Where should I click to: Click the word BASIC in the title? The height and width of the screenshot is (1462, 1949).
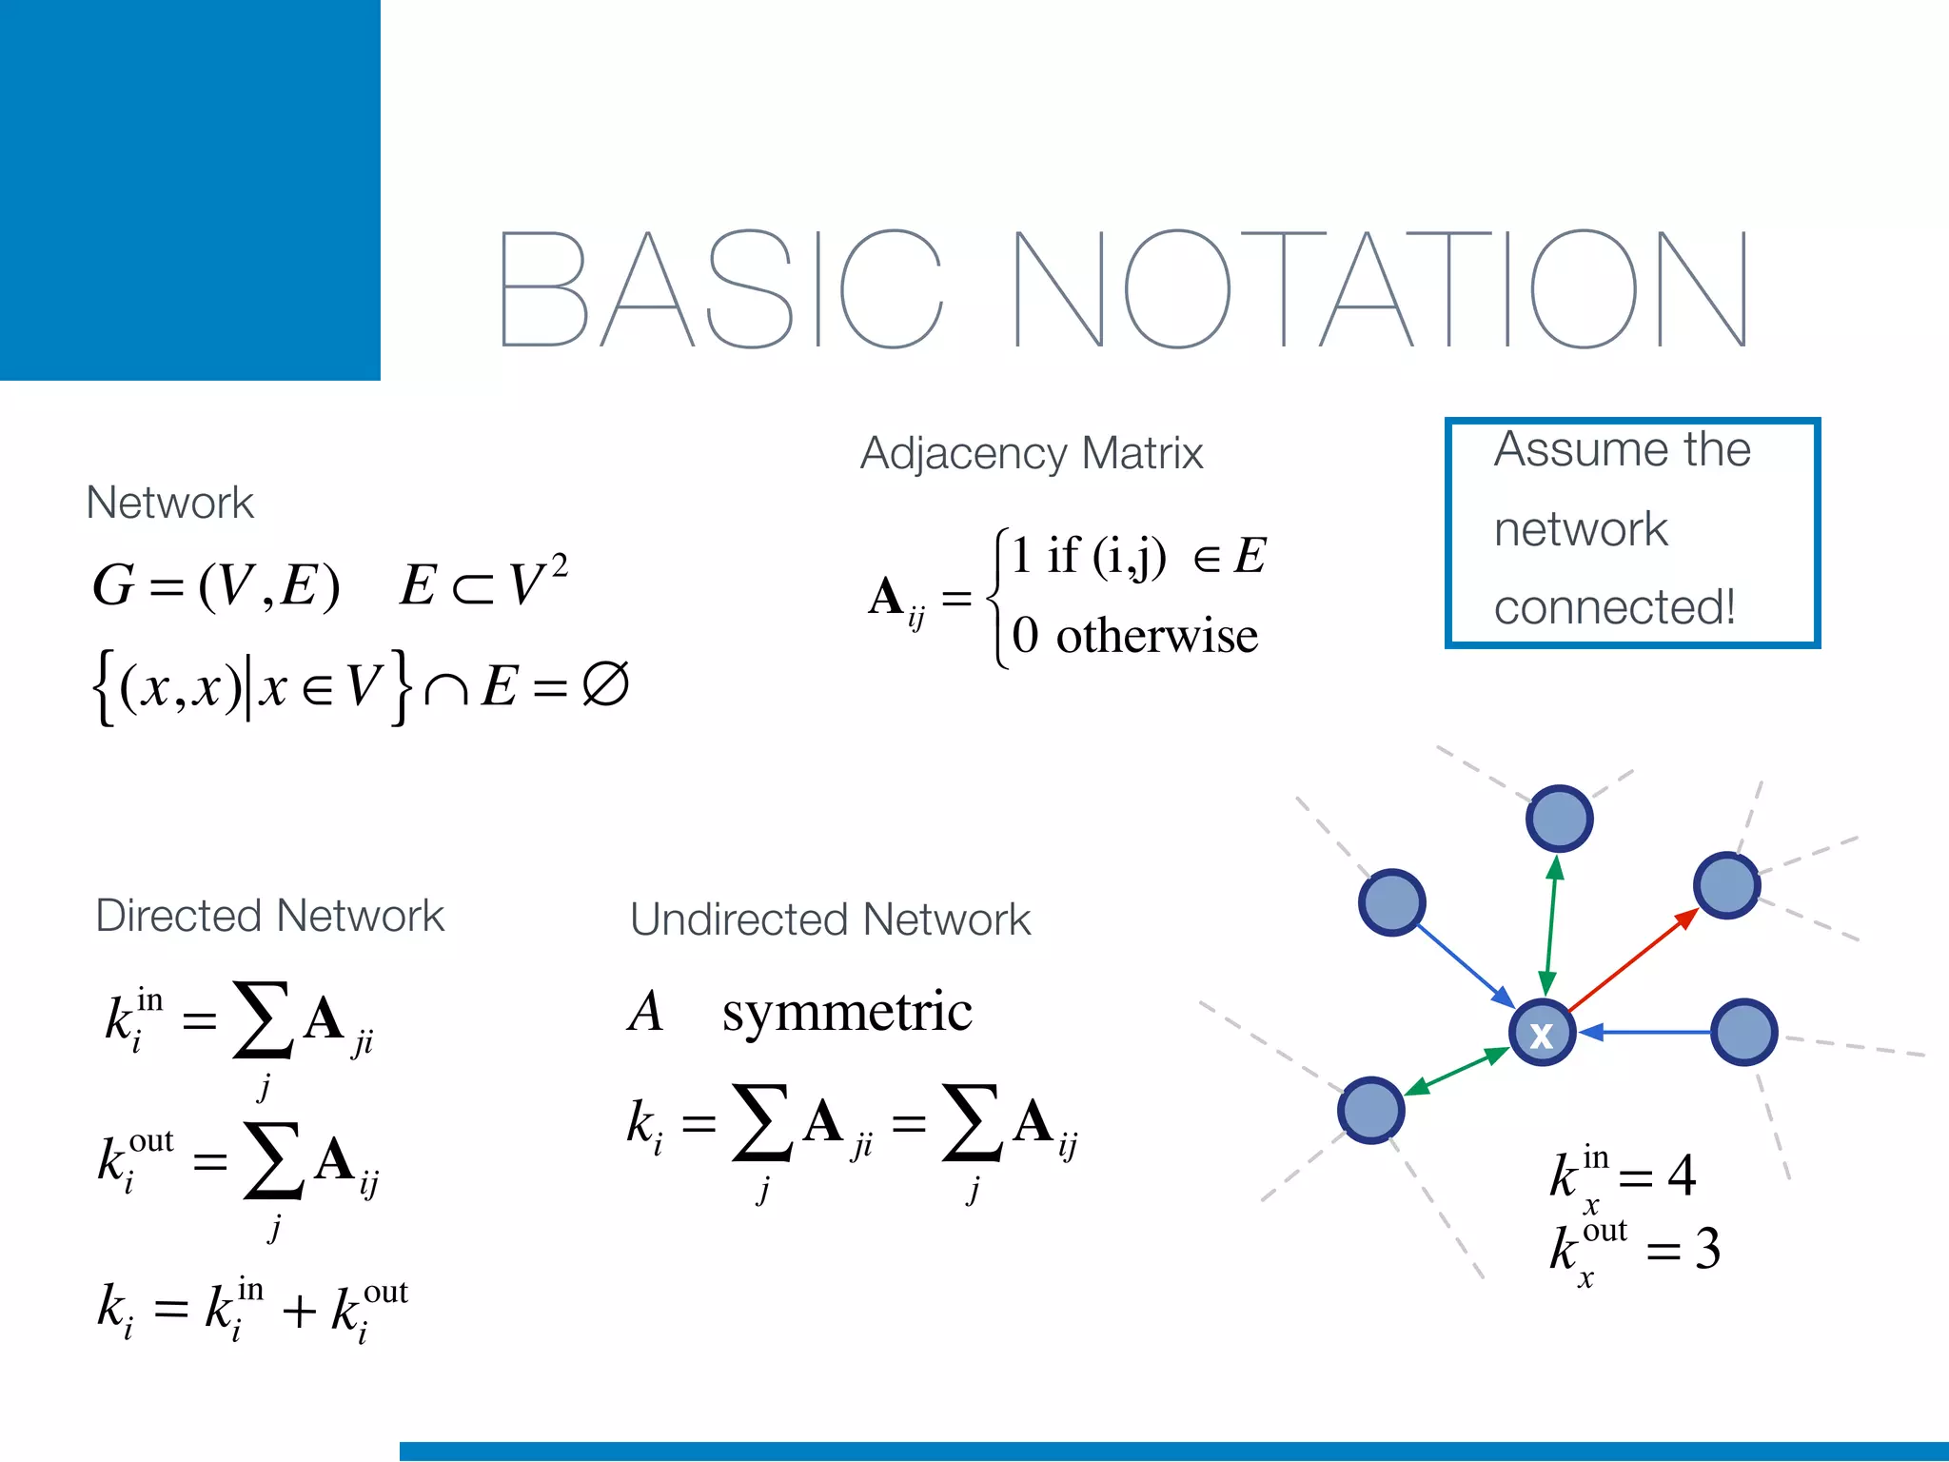click(x=719, y=289)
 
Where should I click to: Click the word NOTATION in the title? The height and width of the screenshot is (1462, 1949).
click(x=1380, y=289)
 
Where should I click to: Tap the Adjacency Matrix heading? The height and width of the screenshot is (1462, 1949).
click(x=1032, y=453)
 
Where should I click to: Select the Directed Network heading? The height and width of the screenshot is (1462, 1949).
click(x=269, y=916)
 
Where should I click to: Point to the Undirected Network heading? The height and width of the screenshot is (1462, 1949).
click(x=830, y=919)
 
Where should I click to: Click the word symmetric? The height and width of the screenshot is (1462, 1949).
click(x=847, y=1011)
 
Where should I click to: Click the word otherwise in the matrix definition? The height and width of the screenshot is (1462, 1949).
click(x=1156, y=636)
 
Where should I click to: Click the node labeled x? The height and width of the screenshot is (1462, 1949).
click(x=1542, y=1034)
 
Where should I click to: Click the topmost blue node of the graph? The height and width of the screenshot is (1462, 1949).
click(x=1559, y=819)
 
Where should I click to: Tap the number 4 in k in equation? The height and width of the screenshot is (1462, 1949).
click(x=1682, y=1176)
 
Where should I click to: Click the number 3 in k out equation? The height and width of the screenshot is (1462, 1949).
click(x=1707, y=1249)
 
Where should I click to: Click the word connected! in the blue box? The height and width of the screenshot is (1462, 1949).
click(x=1614, y=607)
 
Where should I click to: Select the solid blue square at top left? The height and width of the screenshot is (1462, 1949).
click(x=190, y=190)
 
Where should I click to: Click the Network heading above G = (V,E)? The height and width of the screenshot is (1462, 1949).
click(x=169, y=503)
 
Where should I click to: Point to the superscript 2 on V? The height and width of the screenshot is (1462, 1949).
click(x=560, y=565)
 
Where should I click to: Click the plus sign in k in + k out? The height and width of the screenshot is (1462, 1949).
click(x=299, y=1311)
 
